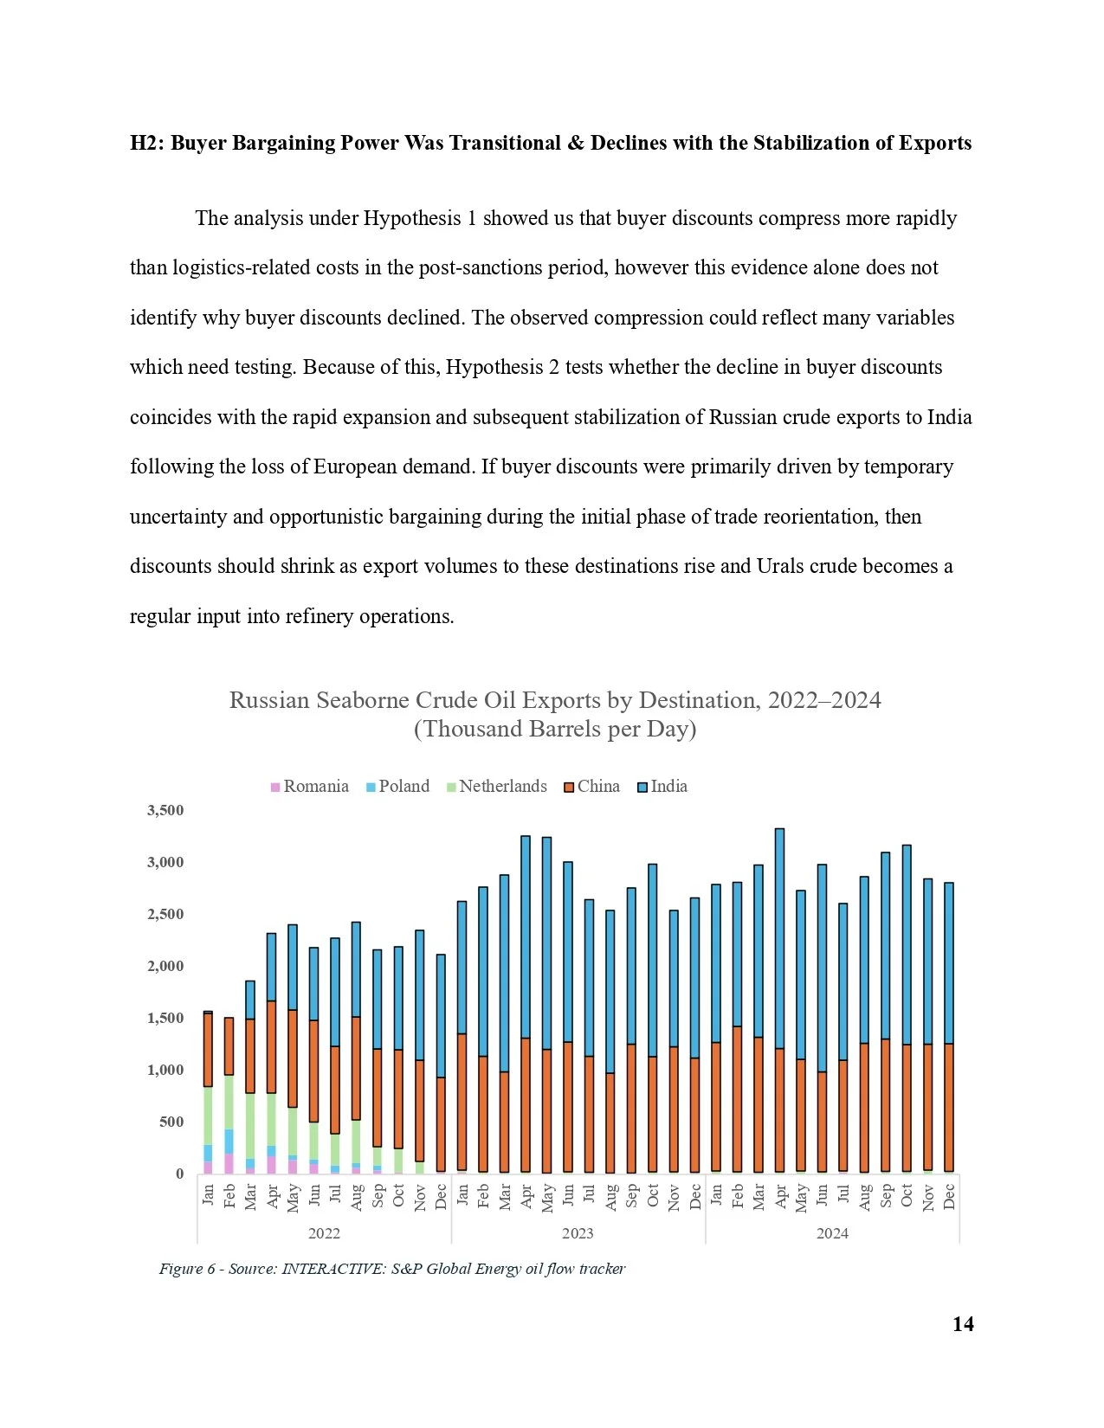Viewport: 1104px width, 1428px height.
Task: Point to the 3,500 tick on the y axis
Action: coord(165,810)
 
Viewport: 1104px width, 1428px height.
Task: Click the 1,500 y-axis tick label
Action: coord(165,1018)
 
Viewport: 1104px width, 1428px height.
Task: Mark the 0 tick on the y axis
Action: coord(179,1174)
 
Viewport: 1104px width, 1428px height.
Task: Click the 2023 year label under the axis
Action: coord(578,1232)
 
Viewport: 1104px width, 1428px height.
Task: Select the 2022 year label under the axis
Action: coord(324,1232)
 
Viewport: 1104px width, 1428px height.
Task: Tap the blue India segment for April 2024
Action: coord(779,939)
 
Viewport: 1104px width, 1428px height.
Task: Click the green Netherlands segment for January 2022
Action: coord(208,1116)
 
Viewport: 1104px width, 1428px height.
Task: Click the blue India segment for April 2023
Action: coord(526,937)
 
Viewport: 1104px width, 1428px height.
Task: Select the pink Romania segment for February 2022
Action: coord(229,1163)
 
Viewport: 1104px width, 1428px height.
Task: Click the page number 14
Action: coord(963,1324)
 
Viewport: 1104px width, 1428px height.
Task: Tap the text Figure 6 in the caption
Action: coord(186,1269)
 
